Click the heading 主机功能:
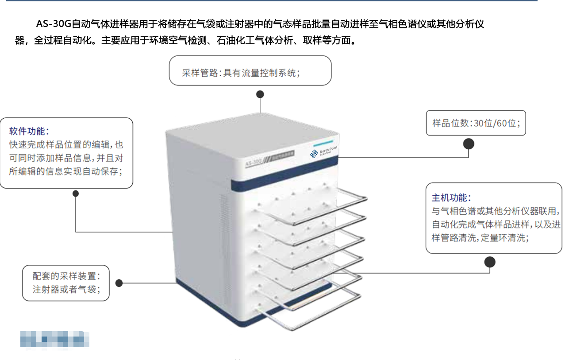[451, 198]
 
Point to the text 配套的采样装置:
[67, 276]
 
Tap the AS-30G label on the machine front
[254, 163]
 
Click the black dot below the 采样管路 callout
[260, 94]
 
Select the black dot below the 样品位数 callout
[469, 144]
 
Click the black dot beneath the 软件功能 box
[76, 194]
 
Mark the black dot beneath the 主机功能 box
[490, 262]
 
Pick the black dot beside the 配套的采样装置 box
[119, 283]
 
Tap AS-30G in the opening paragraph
[54, 24]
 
